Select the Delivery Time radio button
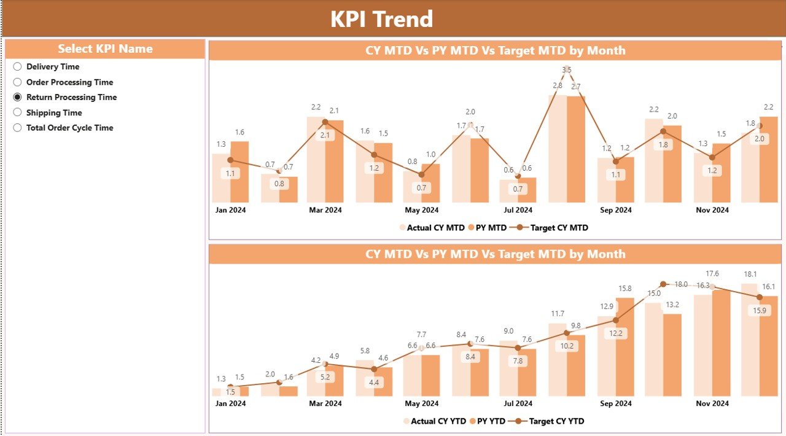18,67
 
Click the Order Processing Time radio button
18,82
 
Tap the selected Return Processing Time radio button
18,97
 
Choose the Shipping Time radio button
18,112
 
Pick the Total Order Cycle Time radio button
18,128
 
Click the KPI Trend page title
381,19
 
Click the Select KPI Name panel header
105,49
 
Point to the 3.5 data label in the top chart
567,70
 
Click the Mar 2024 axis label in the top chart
325,210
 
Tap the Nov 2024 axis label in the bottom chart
712,403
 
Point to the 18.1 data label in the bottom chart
750,274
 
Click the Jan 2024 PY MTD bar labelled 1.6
239,172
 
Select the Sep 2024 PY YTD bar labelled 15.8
625,347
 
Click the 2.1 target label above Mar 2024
325,135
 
